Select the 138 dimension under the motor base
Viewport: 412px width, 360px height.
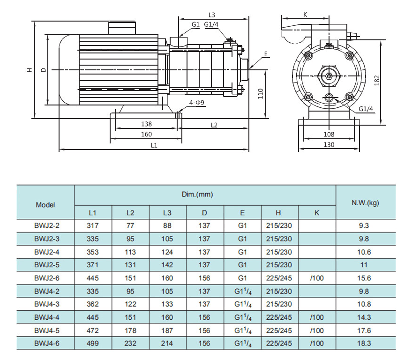click(147, 124)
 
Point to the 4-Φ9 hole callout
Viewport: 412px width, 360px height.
click(196, 102)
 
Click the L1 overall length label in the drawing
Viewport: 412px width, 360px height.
click(154, 145)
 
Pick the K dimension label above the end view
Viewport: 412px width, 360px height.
click(305, 14)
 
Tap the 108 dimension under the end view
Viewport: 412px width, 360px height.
click(329, 135)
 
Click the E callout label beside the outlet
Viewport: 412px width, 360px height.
click(265, 54)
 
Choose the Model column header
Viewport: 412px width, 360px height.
click(45, 204)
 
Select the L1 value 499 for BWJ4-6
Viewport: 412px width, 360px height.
click(93, 344)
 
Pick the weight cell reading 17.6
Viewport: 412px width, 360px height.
click(365, 330)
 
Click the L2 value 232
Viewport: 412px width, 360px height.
click(130, 344)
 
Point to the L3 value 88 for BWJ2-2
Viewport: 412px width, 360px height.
click(167, 225)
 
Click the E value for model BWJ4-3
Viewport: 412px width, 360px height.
click(242, 304)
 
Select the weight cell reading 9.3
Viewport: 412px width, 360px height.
click(365, 225)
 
